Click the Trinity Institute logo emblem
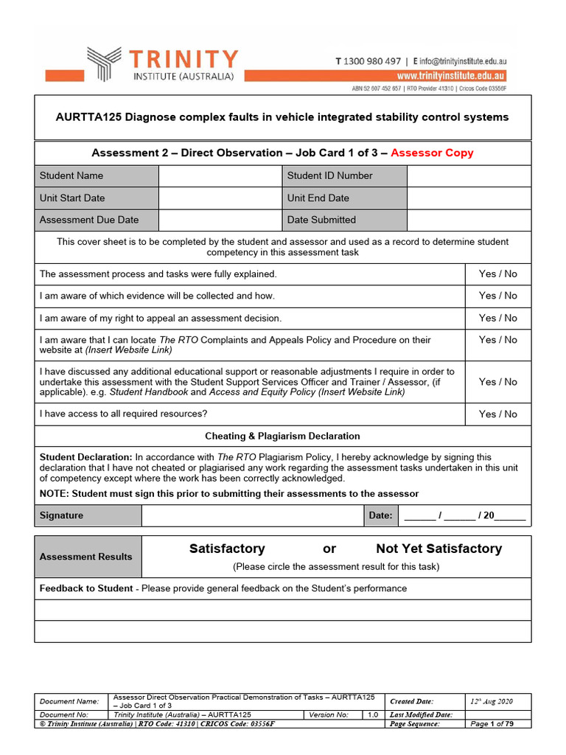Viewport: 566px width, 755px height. [105, 63]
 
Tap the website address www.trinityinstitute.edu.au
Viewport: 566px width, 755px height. [451, 76]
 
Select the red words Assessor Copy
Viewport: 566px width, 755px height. [432, 153]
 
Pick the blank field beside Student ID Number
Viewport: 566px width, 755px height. [469, 175]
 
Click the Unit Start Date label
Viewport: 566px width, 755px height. [72, 198]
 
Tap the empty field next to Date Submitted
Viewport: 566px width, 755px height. [469, 220]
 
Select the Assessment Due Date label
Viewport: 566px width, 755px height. [88, 220]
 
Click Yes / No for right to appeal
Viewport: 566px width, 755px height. [498, 318]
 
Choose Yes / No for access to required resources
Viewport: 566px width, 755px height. [498, 414]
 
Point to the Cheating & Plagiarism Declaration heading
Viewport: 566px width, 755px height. [282, 436]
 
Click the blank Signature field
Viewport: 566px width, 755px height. [253, 515]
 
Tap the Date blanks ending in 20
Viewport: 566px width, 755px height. [465, 515]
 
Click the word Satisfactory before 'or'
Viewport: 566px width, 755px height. [227, 549]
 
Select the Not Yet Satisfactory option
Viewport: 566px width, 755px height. [439, 549]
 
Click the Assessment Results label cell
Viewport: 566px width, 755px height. [86, 557]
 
